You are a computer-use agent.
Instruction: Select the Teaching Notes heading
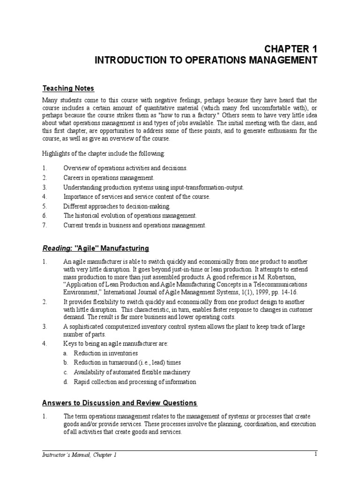click(x=68, y=88)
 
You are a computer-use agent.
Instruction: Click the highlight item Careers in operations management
click(x=108, y=178)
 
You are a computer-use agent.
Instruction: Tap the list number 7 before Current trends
click(x=45, y=225)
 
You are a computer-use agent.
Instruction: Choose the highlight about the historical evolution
click(x=130, y=216)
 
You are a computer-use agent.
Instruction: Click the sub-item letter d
click(x=67, y=382)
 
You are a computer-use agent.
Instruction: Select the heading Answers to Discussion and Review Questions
click(x=120, y=403)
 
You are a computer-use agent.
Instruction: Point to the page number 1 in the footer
click(x=316, y=454)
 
